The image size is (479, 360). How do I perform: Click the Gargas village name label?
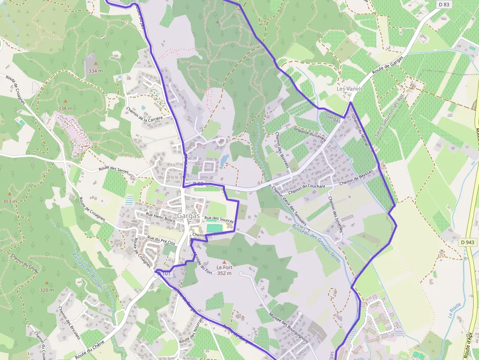(189, 215)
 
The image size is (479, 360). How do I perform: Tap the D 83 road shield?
(443, 4)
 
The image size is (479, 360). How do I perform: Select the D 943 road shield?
(467, 242)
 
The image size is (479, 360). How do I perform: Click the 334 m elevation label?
(96, 71)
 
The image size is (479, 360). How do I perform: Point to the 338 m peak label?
(65, 108)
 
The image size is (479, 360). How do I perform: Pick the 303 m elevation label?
(10, 201)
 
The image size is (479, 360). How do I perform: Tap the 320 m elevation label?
(47, 290)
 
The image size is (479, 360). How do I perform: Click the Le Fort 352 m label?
(224, 270)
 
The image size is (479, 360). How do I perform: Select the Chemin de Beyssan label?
(356, 177)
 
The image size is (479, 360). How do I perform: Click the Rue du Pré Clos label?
(161, 240)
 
